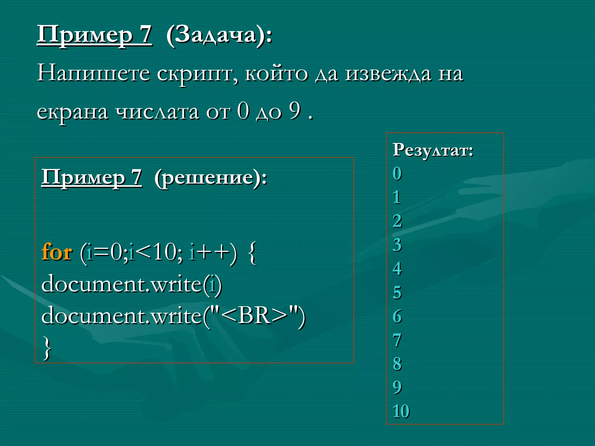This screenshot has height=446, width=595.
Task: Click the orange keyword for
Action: coord(57,252)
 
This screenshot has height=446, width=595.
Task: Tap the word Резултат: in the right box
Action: coord(433,150)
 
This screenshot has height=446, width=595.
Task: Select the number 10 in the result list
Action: coord(401,411)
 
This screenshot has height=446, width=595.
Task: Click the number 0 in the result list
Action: coord(397,174)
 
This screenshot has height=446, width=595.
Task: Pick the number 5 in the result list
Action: coord(397,292)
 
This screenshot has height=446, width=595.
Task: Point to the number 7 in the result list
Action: coord(397,340)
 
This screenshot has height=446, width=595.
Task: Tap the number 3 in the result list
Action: coord(397,245)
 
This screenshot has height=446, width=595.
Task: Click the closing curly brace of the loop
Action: coord(47,348)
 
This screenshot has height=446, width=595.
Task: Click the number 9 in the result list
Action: coord(397,387)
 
